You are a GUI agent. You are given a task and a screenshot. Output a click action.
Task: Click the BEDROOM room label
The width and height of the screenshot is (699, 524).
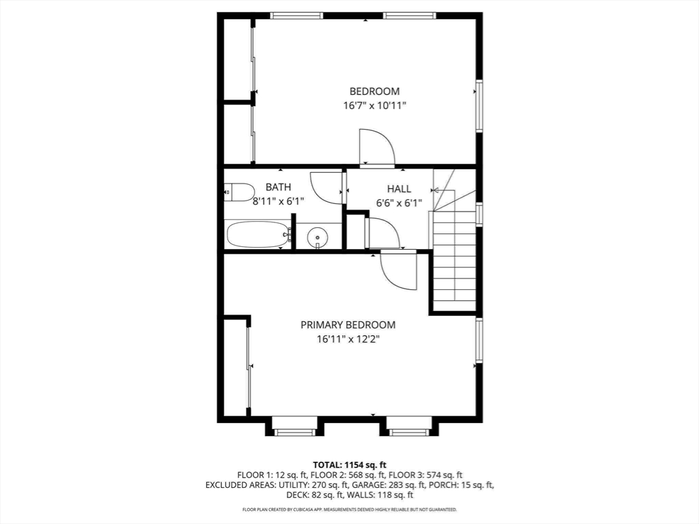coord(375,91)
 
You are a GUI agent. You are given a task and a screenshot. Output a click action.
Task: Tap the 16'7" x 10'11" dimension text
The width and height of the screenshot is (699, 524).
coord(375,106)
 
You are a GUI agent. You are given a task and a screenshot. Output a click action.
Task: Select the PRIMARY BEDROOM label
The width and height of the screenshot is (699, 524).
coord(347,325)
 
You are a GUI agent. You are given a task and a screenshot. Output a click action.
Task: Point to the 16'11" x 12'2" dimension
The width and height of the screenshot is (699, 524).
coord(347,340)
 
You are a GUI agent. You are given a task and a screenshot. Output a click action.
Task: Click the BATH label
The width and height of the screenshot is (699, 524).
coord(279,187)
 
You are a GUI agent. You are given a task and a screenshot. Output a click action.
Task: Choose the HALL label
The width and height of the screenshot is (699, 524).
coord(399,189)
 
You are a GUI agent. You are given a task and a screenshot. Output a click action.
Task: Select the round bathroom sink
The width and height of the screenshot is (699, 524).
coord(317,237)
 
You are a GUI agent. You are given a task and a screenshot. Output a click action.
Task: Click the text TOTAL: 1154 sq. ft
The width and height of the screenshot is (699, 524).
coord(349,465)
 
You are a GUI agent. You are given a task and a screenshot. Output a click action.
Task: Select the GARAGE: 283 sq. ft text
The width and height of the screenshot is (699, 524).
coord(385,485)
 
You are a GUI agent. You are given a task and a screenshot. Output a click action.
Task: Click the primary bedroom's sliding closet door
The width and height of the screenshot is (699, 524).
coord(248,366)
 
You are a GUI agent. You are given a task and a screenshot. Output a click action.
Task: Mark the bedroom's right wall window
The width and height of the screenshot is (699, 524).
coord(479,106)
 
